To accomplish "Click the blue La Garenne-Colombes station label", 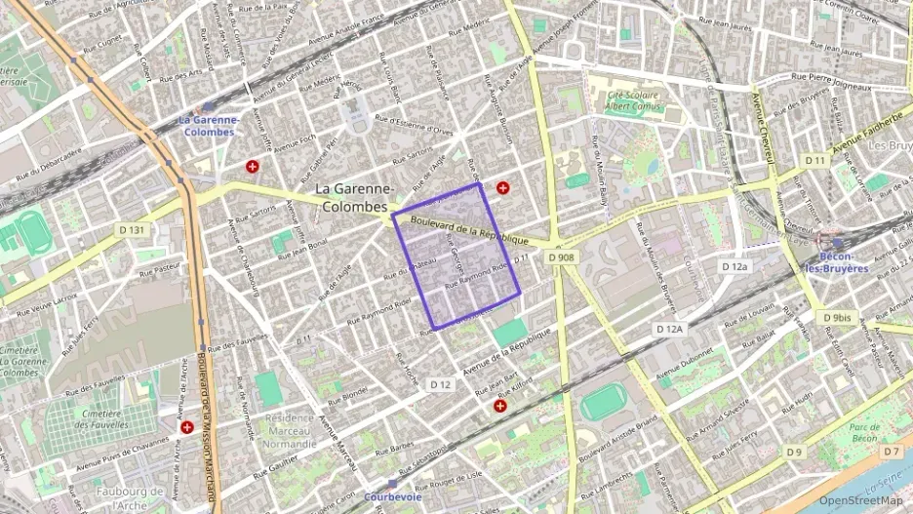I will coord(207,126).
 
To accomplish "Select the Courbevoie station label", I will coord(392,496).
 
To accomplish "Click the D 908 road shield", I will coord(561,257).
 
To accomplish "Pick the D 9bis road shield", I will coord(836,318).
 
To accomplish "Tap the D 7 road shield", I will coord(892,452).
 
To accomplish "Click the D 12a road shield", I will coord(734,266).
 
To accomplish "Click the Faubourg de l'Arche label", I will coord(131,497).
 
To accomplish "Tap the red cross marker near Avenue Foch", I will coord(255,168).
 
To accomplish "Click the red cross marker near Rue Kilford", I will coord(500,406).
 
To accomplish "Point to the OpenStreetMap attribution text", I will coord(861,500).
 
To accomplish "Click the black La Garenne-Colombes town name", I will coord(354,197).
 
